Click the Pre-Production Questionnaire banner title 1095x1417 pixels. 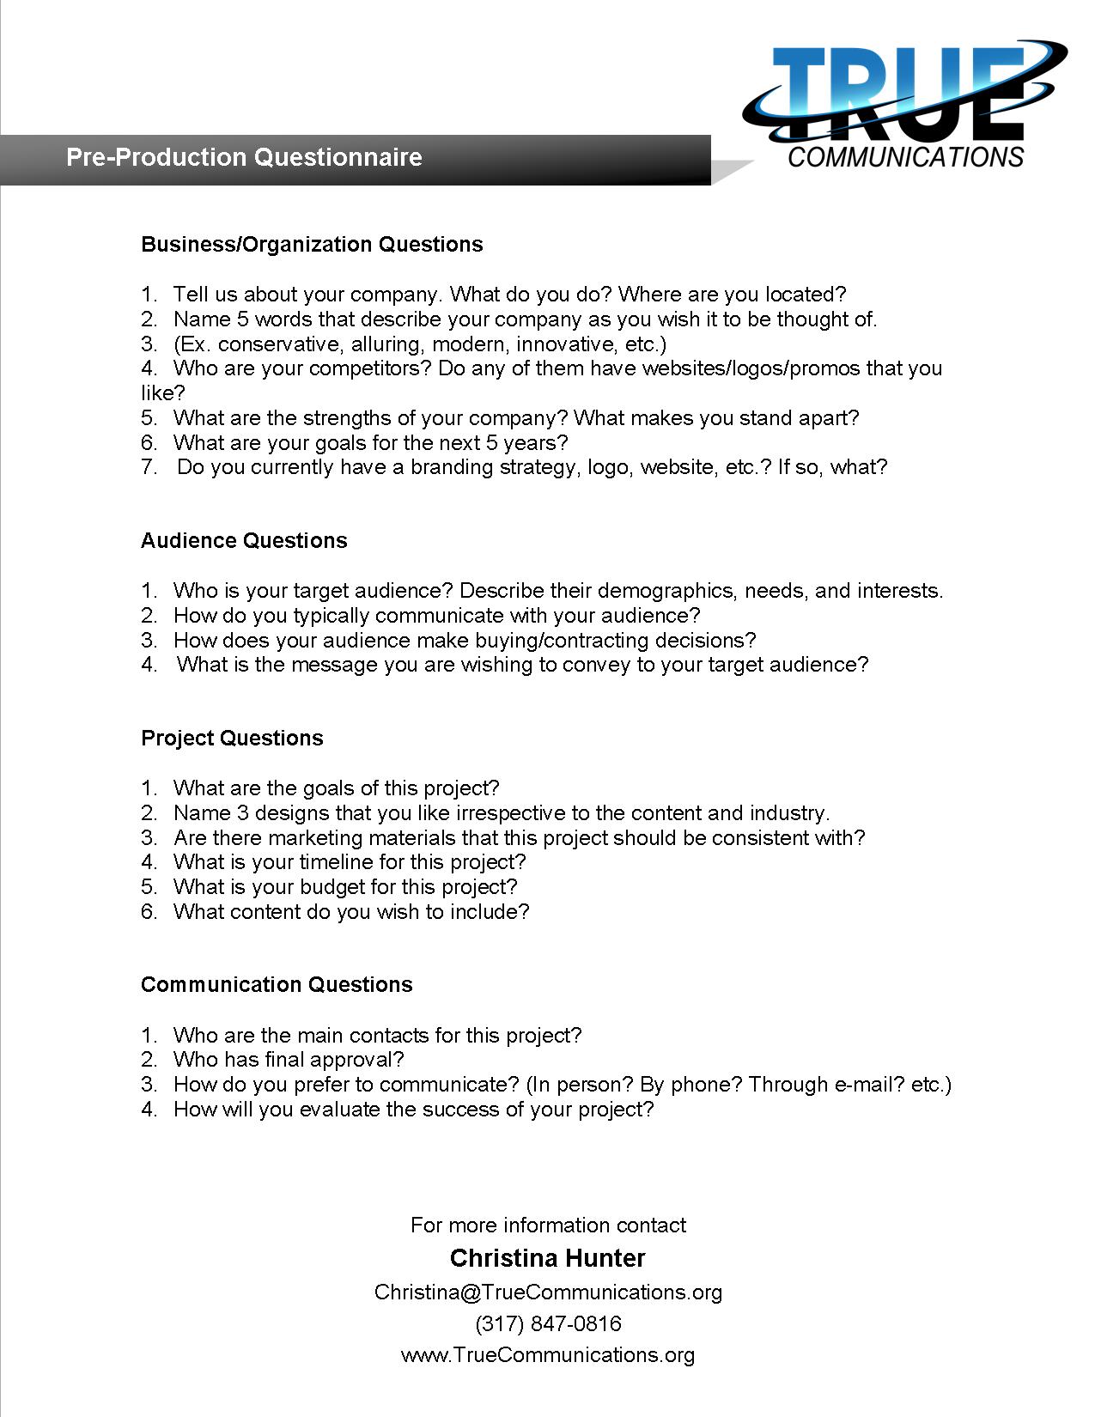(244, 158)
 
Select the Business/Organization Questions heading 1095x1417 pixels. (312, 245)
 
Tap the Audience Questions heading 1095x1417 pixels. (244, 541)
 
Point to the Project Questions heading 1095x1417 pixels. (232, 739)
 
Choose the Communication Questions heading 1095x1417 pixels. (277, 985)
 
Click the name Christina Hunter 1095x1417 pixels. (547, 1259)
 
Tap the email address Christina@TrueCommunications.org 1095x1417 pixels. (548, 1292)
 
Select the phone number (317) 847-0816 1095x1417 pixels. (548, 1324)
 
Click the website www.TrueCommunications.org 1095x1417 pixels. (548, 1355)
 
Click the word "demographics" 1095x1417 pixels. (666, 592)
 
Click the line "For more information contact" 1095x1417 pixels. (548, 1225)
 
